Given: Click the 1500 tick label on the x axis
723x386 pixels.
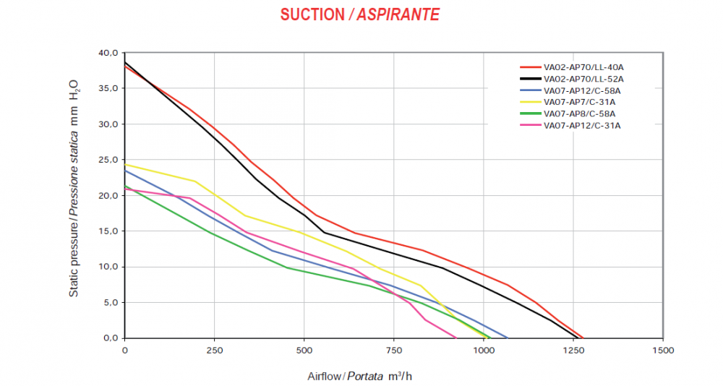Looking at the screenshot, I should coord(663,350).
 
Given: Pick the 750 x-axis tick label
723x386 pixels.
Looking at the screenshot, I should coord(394,350).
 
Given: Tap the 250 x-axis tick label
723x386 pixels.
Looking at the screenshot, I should coord(215,350).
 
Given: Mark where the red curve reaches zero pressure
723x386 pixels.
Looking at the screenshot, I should coord(583,338).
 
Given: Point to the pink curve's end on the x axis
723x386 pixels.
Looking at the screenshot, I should coord(456,338).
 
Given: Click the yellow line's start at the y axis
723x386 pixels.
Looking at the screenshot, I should coord(126,164).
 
